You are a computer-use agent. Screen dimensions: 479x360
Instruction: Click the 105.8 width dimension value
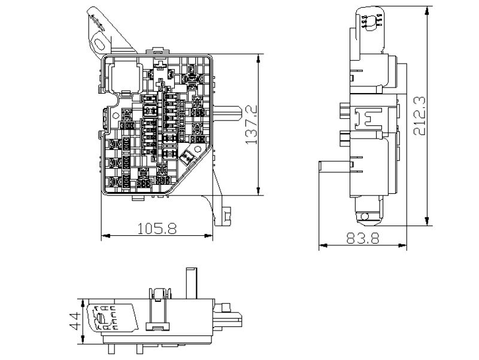(x=157, y=229)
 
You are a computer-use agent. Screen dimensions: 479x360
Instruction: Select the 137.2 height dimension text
(x=251, y=125)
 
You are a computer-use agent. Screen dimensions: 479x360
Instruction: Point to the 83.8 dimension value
(x=363, y=238)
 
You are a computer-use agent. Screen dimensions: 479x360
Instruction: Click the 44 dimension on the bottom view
(x=75, y=321)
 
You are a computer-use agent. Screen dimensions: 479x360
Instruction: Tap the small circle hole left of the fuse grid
(x=116, y=116)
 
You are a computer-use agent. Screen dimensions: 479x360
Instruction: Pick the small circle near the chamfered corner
(x=198, y=149)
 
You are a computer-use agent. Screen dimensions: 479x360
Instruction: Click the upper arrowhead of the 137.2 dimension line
(x=259, y=58)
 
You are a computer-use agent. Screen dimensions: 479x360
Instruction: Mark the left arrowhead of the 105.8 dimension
(x=106, y=236)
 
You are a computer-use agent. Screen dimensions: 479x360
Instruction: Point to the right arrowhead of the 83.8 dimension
(x=402, y=245)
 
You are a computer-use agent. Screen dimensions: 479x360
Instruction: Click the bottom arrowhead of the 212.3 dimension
(x=427, y=221)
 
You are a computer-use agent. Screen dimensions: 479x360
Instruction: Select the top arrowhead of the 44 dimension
(x=83, y=304)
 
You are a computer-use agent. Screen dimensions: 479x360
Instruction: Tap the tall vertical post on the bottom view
(x=192, y=283)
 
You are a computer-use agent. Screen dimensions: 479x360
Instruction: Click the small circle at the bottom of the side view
(x=365, y=217)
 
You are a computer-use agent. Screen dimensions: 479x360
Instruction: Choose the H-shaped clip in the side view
(x=368, y=118)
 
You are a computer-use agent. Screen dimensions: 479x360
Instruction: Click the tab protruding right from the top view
(x=227, y=113)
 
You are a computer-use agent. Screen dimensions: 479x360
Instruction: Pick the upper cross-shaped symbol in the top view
(x=160, y=65)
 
